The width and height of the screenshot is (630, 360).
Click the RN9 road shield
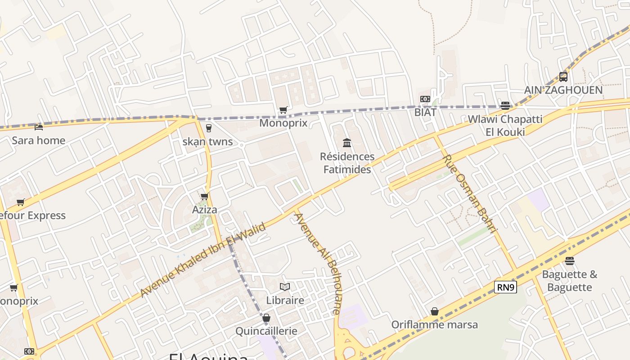tap(505, 287)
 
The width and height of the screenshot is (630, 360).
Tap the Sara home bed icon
tap(39, 127)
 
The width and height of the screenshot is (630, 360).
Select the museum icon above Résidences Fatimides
tap(347, 143)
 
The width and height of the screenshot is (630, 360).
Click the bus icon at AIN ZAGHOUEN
tap(563, 76)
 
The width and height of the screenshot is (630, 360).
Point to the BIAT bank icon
tap(425, 99)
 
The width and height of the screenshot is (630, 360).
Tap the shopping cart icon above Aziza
tap(205, 196)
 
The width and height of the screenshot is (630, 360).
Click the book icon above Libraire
tap(285, 287)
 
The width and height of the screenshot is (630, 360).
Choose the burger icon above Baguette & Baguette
tap(570, 261)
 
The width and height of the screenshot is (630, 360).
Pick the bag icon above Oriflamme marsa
tap(435, 311)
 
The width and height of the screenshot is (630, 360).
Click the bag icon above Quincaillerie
tap(266, 318)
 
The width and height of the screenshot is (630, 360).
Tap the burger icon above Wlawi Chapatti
tap(505, 106)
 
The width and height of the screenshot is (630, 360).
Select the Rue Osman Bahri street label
tap(470, 193)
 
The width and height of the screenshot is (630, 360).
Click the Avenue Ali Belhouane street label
tap(318, 263)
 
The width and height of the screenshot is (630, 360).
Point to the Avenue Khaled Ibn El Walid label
tap(203, 260)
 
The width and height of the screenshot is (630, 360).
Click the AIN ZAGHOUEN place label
tap(563, 90)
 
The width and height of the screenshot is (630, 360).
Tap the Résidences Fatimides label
tap(347, 163)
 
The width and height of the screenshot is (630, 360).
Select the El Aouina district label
tap(208, 356)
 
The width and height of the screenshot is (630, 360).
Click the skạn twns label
tap(208, 142)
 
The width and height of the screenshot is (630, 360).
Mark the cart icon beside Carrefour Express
tap(20, 202)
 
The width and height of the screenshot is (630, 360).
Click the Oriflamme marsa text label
tap(435, 325)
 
